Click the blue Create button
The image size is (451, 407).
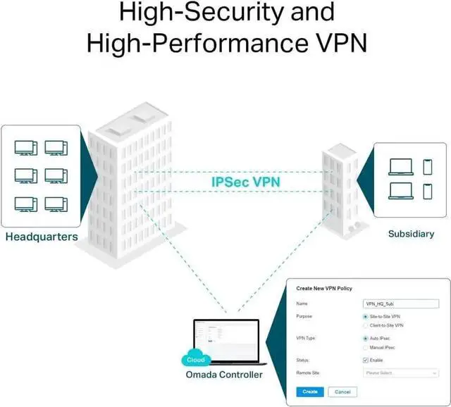[310, 392]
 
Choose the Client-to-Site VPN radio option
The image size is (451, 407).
[364, 326]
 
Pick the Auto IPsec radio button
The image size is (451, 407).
[364, 339]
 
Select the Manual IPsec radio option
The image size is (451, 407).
[364, 347]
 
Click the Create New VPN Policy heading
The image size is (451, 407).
[324, 289]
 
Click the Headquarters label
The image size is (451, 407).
[42, 237]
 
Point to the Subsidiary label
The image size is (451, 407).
[411, 234]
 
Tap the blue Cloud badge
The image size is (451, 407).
[196, 359]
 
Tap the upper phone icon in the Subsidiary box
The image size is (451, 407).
[427, 167]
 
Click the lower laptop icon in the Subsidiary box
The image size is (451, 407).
[400, 191]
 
